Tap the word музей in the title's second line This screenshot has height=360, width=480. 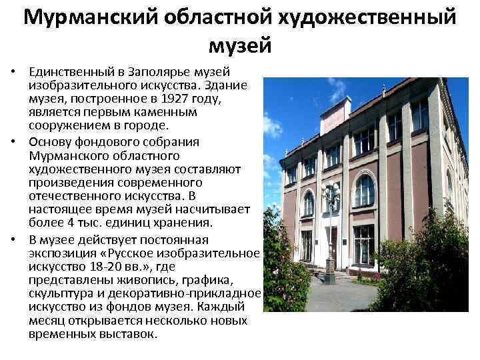pyautogui.click(x=240, y=45)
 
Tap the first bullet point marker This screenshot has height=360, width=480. pyautogui.click(x=13, y=73)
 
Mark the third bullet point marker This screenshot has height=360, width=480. pyautogui.click(x=13, y=239)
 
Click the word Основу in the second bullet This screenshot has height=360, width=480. pyautogui.click(x=52, y=142)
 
